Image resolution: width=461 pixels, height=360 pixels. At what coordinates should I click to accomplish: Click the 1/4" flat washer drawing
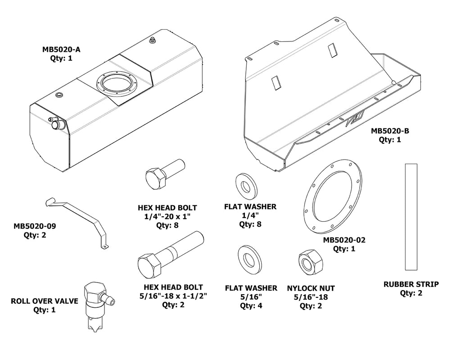(x=246, y=185)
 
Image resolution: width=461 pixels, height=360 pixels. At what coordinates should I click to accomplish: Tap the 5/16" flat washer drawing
(x=247, y=260)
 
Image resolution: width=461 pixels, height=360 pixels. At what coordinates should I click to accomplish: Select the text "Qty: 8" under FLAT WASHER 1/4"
(x=250, y=224)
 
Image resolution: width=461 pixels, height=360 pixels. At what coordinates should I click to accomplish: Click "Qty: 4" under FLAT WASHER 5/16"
(x=251, y=305)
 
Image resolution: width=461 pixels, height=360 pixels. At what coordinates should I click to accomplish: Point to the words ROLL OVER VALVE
(x=45, y=301)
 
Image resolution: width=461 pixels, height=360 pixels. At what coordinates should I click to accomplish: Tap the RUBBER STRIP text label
(x=411, y=284)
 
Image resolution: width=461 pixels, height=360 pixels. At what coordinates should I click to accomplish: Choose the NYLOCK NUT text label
(x=311, y=288)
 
